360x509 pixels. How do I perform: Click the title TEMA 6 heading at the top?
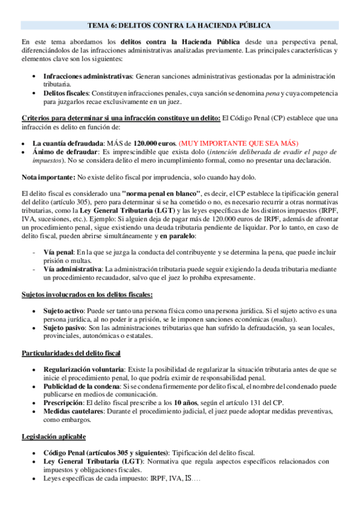pyautogui.click(x=179, y=25)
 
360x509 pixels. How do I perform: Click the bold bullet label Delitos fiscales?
pyautogui.click(x=65, y=94)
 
